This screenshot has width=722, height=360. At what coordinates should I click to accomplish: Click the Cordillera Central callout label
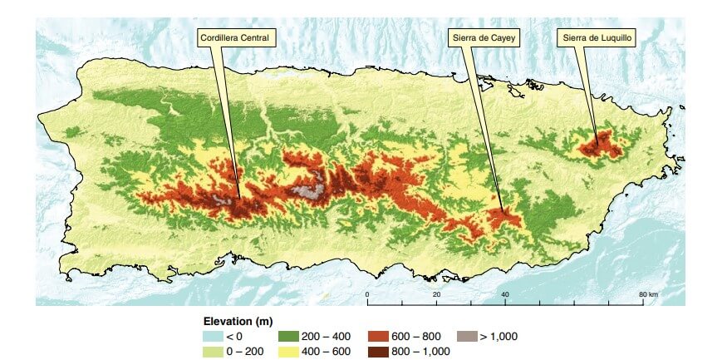pyautogui.click(x=238, y=37)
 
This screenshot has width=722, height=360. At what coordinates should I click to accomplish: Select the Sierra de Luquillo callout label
pyautogui.click(x=595, y=37)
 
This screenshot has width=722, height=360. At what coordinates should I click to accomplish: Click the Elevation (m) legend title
pyautogui.click(x=238, y=320)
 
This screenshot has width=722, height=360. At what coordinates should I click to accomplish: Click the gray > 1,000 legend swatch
pyautogui.click(x=468, y=336)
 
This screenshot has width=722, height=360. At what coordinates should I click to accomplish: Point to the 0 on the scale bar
pyautogui.click(x=367, y=295)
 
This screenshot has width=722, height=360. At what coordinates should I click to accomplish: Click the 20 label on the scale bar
pyautogui.click(x=436, y=295)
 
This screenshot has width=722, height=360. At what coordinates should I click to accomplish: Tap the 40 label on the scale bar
pyautogui.click(x=505, y=295)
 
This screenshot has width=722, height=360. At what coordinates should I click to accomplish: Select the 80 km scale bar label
pyautogui.click(x=648, y=295)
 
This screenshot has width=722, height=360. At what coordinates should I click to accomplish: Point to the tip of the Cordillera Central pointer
pyautogui.click(x=240, y=198)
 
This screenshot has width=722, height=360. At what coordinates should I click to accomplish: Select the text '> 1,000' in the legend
pyautogui.click(x=499, y=336)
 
